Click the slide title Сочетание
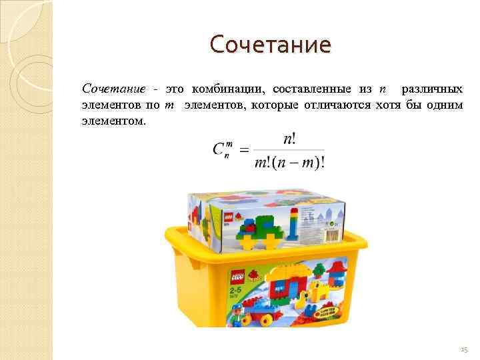pyautogui.click(x=270, y=45)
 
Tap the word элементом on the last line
pyautogui.click(x=112, y=122)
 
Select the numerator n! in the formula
pyautogui.click(x=290, y=139)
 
